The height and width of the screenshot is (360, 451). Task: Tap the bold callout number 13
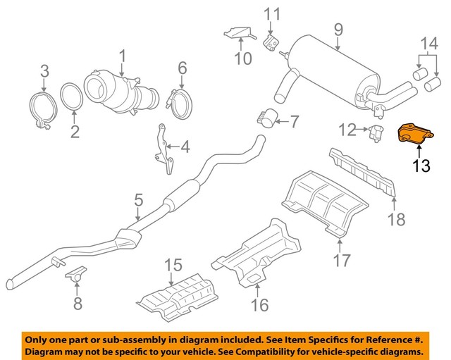(421, 166)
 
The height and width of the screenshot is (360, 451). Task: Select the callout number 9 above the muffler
(338, 30)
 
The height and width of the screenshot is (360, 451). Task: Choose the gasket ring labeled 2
(71, 98)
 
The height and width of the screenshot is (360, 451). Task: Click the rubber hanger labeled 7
(266, 120)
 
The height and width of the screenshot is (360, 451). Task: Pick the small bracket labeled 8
(75, 273)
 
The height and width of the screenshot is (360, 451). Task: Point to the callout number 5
(138, 202)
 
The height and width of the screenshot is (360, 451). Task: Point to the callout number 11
(271, 13)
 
